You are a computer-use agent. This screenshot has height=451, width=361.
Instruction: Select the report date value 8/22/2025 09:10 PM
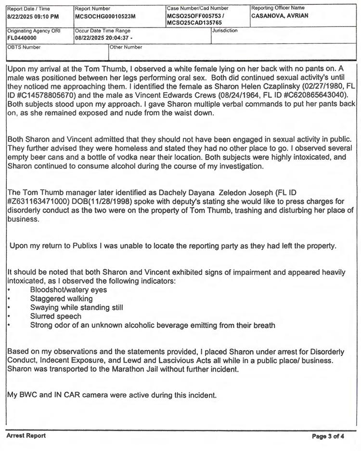tap(33, 16)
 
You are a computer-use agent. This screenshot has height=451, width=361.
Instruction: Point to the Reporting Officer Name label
tap(278, 8)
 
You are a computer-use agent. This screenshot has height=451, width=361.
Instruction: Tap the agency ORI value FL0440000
tap(22, 36)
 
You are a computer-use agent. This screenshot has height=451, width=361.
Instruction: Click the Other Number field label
tap(126, 47)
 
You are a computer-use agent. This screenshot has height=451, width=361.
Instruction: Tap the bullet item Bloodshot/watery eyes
tap(68, 290)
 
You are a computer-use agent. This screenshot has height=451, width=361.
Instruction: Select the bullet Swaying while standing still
tap(77, 308)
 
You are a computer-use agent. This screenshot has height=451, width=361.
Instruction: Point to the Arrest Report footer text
tap(26, 436)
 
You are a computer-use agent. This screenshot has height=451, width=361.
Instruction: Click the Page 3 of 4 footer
tap(328, 436)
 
